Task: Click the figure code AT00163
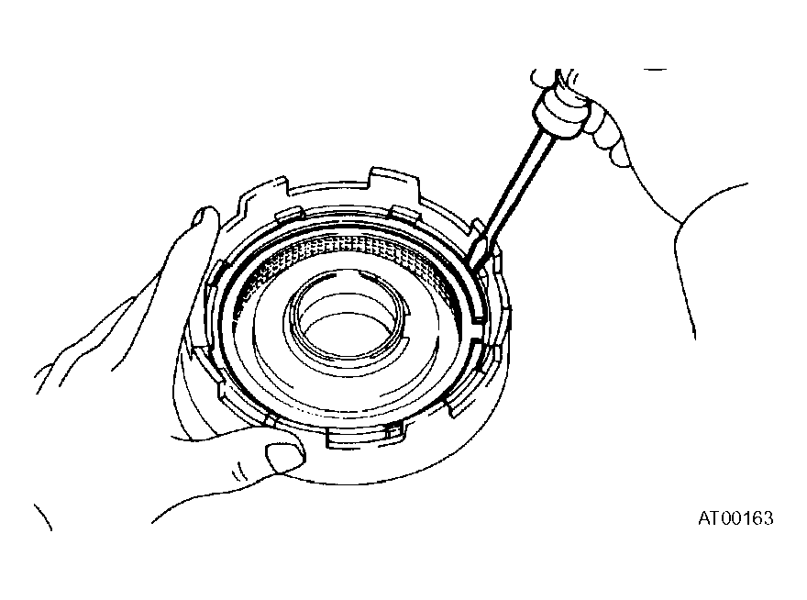[x=735, y=518]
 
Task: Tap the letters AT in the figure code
[x=708, y=518]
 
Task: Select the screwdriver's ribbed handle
[x=561, y=111]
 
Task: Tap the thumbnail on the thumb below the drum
[x=284, y=457]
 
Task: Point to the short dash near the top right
[x=655, y=69]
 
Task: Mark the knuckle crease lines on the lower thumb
[x=238, y=472]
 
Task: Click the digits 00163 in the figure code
[x=746, y=518]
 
